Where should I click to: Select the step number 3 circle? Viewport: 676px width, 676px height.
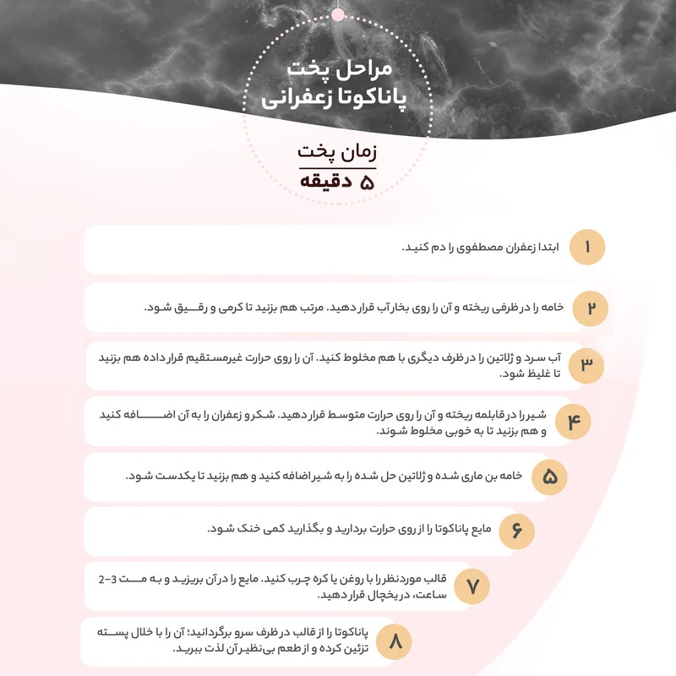tap(586, 365)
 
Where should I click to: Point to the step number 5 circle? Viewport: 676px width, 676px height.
tap(549, 477)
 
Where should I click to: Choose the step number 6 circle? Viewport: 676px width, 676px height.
tap(517, 532)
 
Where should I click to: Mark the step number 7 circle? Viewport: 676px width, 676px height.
tap(473, 586)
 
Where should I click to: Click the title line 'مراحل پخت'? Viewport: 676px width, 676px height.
tap(337, 67)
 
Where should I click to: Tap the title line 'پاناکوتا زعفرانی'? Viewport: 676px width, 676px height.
tap(337, 98)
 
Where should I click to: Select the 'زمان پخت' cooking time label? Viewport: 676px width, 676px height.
tap(337, 153)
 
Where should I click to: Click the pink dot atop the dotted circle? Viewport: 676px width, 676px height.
tap(338, 14)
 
